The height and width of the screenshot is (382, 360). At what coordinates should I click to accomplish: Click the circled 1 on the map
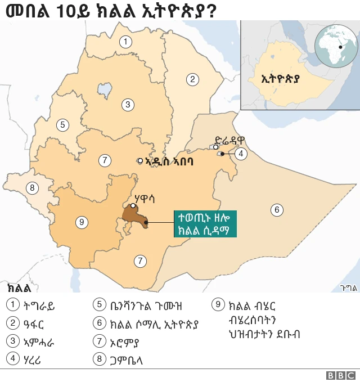coord(126,41)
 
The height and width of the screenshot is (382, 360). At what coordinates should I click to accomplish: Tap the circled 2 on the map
coord(192,79)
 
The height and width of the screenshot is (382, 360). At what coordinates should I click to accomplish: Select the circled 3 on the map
coord(128,104)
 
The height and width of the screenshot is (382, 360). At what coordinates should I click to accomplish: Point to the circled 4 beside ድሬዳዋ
coord(241,153)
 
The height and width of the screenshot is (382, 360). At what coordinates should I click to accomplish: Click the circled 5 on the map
coord(62,125)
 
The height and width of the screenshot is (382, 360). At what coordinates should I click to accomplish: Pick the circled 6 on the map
coord(276,210)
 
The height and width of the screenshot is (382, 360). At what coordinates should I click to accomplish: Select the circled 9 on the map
coord(82,222)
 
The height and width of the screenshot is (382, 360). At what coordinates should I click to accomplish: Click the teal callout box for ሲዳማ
coord(205,224)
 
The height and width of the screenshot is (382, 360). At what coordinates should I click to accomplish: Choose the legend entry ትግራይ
coord(39,306)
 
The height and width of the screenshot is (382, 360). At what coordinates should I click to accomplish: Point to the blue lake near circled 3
coord(104,89)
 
